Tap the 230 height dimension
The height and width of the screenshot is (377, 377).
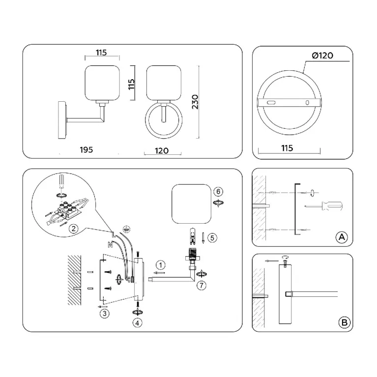(x=196, y=102)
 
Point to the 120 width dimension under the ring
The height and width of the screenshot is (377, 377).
(x=161, y=150)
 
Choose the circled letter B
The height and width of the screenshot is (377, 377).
(x=345, y=322)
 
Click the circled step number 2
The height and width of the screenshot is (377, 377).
(x=73, y=228)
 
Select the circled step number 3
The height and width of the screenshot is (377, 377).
(x=104, y=313)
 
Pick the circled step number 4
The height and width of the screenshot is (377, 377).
(x=138, y=322)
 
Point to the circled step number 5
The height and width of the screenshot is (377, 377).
(x=211, y=237)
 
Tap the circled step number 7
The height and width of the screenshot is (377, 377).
(x=201, y=286)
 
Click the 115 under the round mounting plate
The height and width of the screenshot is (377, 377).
(x=288, y=148)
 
